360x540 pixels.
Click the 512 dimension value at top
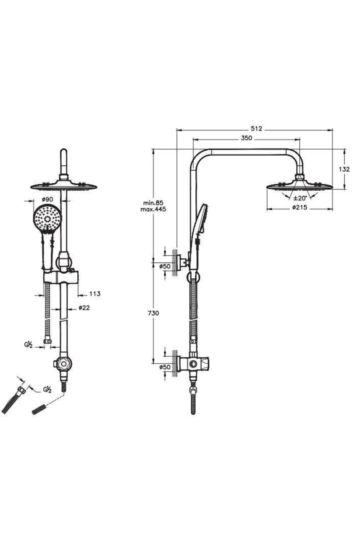(256, 129)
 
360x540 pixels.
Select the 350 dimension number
(246, 138)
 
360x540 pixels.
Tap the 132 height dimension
(344, 169)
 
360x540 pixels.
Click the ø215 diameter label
(300, 207)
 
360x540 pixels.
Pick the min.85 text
(153, 203)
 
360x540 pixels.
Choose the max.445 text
(153, 209)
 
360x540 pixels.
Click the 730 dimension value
(153, 313)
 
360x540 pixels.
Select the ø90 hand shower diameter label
(47, 199)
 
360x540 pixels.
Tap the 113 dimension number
(95, 294)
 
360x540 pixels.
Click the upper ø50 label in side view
(165, 266)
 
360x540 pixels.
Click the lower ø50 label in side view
(165, 367)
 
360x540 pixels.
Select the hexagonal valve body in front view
(64, 364)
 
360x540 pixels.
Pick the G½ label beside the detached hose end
(47, 390)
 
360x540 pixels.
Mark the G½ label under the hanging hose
(28, 345)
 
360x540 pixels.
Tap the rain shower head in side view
(300, 186)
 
